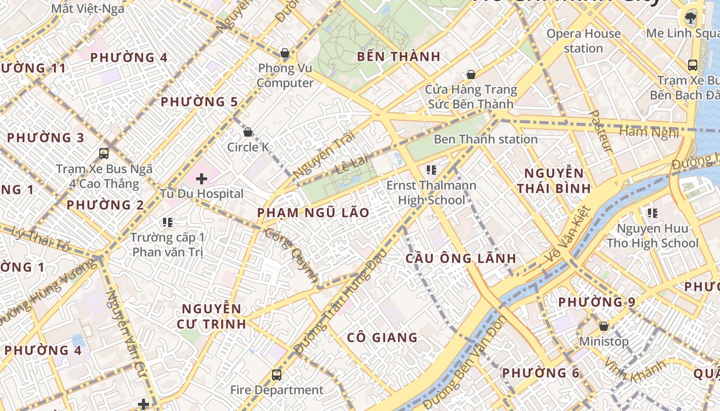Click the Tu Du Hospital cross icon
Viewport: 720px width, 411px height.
coord(202,179)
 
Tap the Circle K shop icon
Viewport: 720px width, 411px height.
coord(248,133)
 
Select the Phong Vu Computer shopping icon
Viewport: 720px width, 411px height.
coord(284,53)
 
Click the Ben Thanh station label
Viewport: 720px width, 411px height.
coord(485,139)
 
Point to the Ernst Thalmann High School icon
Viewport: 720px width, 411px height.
coord(431,170)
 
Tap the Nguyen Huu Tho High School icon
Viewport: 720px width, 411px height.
coord(653,213)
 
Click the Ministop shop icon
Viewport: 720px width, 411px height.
coord(604,326)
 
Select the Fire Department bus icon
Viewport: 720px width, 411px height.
coord(277,375)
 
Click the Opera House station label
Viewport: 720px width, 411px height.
coord(583,41)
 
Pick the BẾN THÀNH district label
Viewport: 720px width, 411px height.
coord(400,57)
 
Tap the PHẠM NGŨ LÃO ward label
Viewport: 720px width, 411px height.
coord(313,213)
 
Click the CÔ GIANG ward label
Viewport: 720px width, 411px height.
coord(382,338)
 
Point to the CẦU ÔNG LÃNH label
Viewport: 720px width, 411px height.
coord(460,258)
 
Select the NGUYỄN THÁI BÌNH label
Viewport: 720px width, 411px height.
coord(554,180)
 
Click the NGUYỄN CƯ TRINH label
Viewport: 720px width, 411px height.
coord(211,316)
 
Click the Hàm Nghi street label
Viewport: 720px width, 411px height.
coord(649,132)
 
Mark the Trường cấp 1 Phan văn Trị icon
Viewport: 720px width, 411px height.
coord(167,222)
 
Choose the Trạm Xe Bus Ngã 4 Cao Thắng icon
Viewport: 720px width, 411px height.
coord(104,153)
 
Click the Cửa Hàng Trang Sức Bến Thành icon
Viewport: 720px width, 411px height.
coord(470,75)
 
